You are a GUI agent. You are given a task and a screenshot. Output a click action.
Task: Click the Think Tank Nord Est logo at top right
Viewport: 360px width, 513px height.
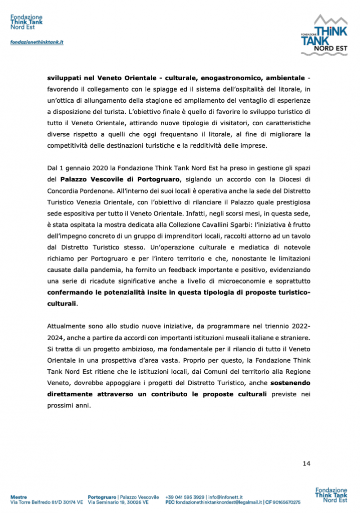[x=323, y=35]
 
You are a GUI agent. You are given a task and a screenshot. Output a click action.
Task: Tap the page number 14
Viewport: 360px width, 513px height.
[x=306, y=463]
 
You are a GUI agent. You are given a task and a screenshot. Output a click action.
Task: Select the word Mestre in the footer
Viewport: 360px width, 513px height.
[x=19, y=496]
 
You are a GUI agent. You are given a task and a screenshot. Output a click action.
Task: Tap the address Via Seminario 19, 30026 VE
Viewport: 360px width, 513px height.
[x=118, y=501]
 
